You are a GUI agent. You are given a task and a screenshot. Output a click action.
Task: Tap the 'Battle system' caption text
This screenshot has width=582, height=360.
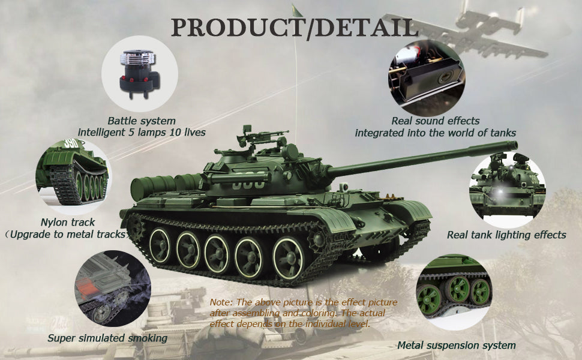[x=142, y=121]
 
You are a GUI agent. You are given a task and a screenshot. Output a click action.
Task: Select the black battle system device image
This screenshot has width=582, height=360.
[x=139, y=74]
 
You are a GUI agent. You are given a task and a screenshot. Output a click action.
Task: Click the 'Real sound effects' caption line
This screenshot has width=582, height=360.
[x=436, y=121]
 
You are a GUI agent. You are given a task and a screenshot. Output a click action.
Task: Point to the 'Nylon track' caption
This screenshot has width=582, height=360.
[x=68, y=223]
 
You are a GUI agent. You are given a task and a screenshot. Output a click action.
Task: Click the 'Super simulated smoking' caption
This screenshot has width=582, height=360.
[x=107, y=338]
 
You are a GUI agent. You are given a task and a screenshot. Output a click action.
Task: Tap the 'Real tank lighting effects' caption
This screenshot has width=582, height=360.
[x=506, y=235]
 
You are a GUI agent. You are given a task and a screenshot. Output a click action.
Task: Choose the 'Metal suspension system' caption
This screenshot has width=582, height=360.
[x=456, y=346]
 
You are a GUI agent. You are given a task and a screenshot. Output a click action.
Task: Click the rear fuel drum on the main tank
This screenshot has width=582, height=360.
[x=153, y=187]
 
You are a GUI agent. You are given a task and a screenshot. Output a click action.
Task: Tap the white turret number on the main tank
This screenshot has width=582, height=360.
[x=248, y=184]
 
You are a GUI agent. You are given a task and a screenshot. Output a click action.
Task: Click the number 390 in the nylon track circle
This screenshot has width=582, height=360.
[x=71, y=143]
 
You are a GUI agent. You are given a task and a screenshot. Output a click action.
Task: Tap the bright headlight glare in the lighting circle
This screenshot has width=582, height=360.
[x=499, y=191]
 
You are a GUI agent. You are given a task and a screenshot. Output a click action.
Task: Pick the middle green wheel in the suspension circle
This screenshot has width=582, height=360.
[x=457, y=289]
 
